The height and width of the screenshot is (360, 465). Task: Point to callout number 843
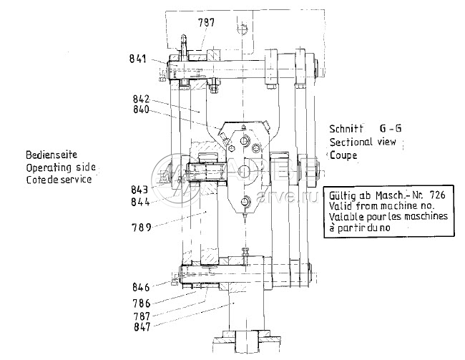click(x=139, y=190)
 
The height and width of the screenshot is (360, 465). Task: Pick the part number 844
click(x=139, y=202)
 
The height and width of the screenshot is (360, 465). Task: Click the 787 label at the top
click(x=206, y=23)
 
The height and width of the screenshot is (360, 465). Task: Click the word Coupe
click(x=343, y=155)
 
